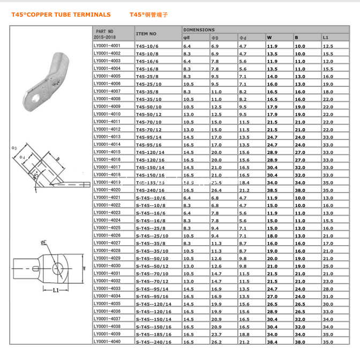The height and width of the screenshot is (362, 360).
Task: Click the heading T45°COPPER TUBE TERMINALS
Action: pyautogui.click(x=61, y=15)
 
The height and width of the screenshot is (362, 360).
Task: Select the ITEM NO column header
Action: pyautogui.click(x=146, y=34)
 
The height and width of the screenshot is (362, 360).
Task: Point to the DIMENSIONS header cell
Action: pyautogui.click(x=199, y=30)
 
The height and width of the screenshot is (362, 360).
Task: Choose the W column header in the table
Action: pyautogui.click(x=269, y=38)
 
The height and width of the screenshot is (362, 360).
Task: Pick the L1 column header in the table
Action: pyautogui.click(x=326, y=38)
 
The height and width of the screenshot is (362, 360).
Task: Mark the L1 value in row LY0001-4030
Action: pyautogui.click(x=328, y=266)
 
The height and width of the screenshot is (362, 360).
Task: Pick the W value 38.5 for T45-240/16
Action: pyautogui.click(x=272, y=190)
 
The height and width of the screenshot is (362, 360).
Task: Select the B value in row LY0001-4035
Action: pyautogui.click(x=300, y=304)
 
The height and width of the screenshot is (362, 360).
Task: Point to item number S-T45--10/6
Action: pyautogui.click(x=150, y=198)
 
